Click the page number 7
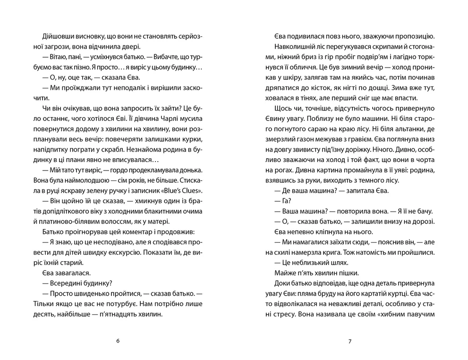[350, 341]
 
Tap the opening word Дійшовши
[50, 36]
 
